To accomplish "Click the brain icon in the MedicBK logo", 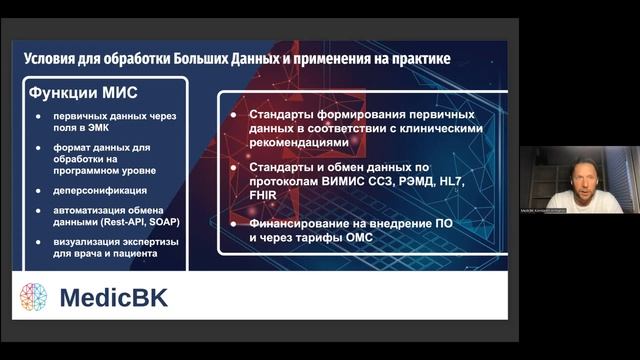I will pyautogui.click(x=34, y=297).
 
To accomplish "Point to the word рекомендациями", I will pyautogui.click(x=297, y=143).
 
